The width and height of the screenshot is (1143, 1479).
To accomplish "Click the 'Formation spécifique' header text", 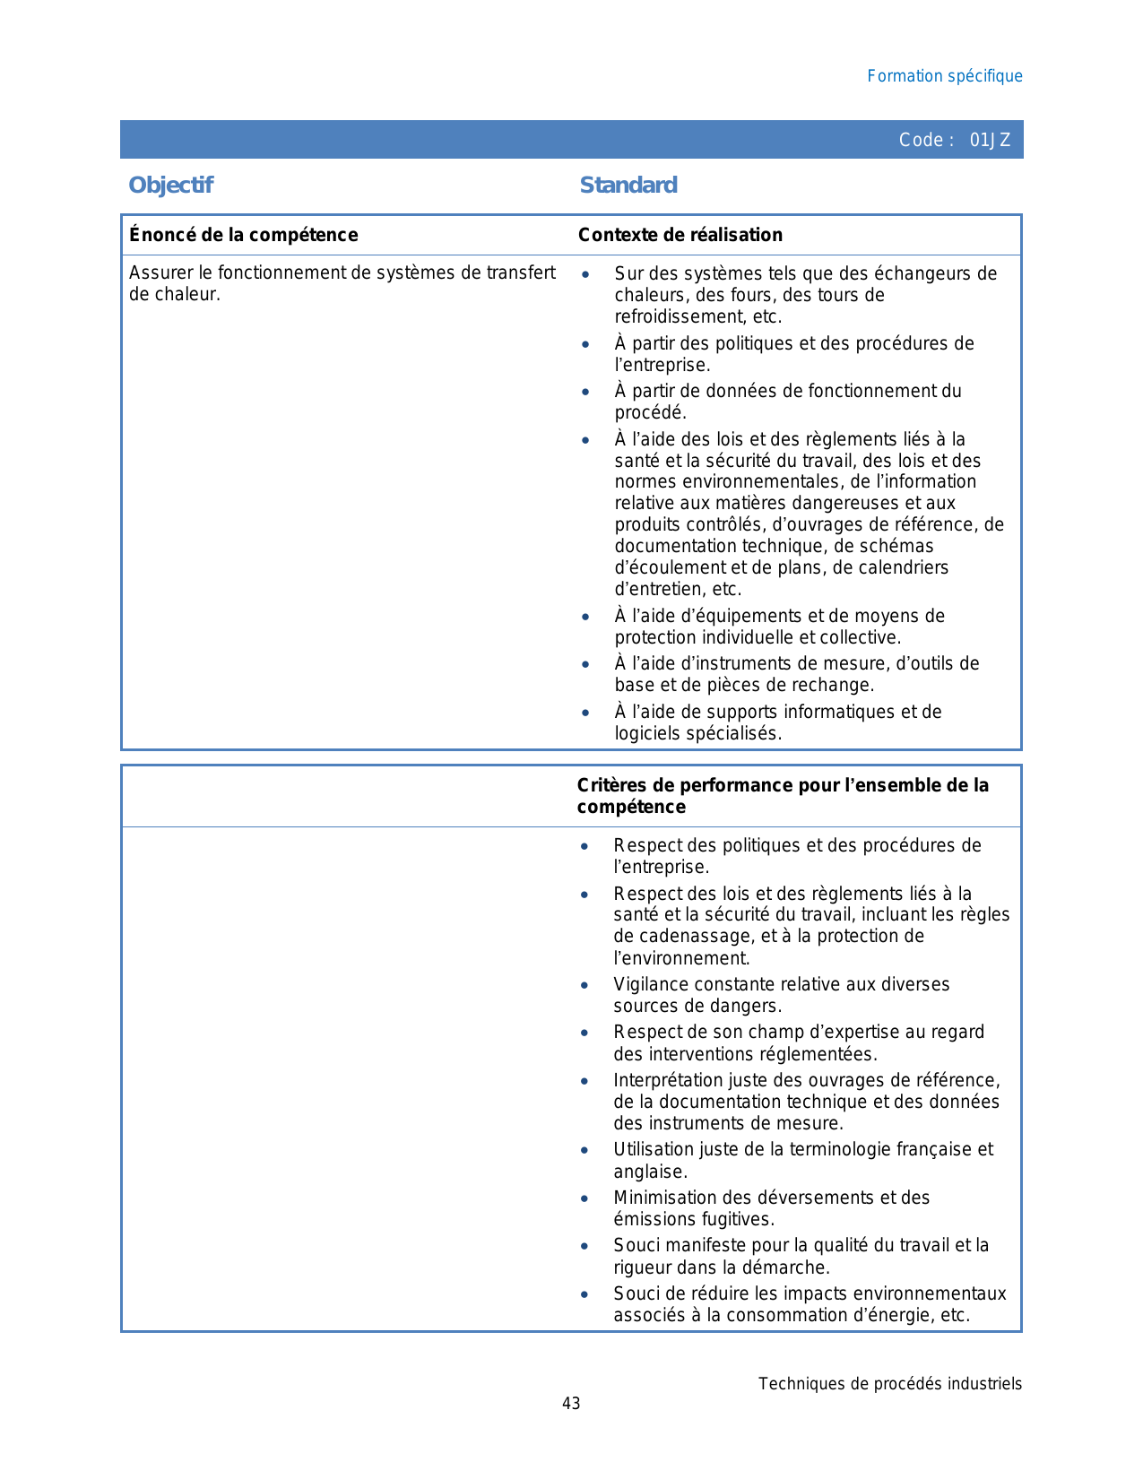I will coord(944,76).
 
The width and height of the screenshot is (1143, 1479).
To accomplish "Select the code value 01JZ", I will coord(990,140).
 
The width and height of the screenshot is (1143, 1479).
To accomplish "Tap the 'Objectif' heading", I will coord(170,186).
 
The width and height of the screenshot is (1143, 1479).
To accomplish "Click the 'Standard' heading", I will coord(628,186).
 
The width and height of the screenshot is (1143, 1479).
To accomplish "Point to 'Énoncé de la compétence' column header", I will coord(243,235).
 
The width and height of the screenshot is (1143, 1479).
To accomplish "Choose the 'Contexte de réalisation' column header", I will coord(680,235).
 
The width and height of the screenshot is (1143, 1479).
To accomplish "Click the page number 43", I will coord(571,1403).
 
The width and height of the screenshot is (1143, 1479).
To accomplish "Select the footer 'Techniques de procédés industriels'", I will coord(889,1383).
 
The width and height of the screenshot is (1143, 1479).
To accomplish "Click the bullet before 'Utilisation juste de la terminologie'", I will coord(584,1150).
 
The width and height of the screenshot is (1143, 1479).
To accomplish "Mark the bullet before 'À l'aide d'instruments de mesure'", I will coord(585,664).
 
